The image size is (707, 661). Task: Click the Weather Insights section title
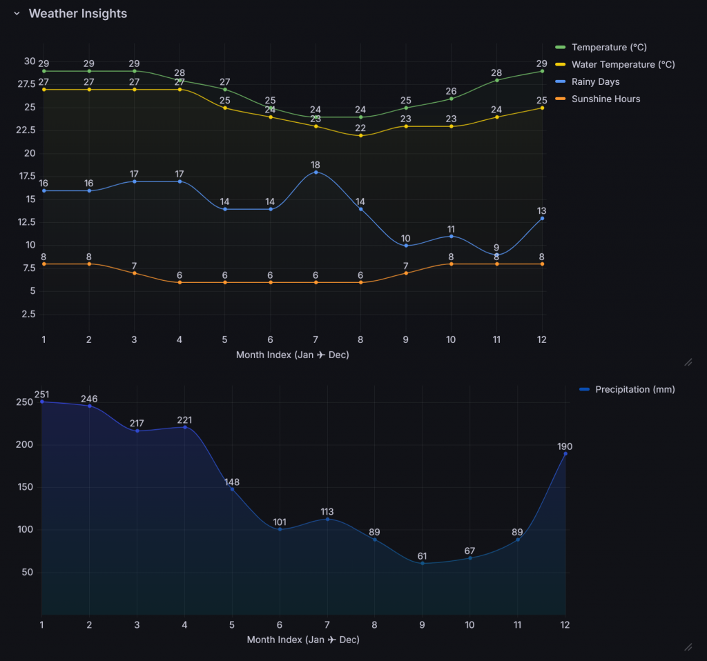77,14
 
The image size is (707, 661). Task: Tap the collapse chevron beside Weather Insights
17,14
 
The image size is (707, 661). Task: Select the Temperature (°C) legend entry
609,47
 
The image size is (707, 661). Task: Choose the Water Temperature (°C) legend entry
623,64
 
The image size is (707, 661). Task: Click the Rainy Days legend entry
595,81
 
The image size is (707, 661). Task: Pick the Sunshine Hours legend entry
606,99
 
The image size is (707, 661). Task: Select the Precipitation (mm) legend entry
635,389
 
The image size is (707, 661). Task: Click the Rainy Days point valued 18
316,172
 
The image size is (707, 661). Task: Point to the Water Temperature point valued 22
361,135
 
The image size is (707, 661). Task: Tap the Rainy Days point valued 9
497,255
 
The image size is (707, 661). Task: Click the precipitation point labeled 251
42,402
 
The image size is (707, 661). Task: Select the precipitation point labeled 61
423,563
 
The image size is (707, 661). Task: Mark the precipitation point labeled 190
565,453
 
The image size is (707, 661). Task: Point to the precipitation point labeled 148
232,489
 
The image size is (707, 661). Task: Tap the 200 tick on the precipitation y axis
25,445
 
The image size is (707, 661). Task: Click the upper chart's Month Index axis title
292,355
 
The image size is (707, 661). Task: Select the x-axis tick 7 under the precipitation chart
327,624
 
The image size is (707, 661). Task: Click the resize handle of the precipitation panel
687,647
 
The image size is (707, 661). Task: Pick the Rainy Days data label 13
542,210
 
